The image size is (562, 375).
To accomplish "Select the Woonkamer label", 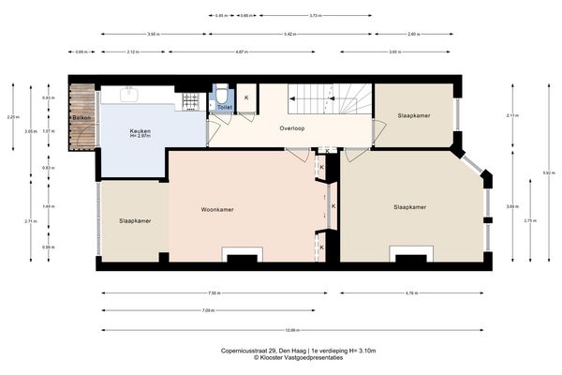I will [x=217, y=209].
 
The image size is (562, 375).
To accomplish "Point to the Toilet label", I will [x=223, y=108].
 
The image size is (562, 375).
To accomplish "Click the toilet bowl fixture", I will [x=222, y=95].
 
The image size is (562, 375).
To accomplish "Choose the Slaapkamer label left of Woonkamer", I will [x=136, y=220].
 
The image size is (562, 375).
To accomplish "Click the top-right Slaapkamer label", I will [x=413, y=114].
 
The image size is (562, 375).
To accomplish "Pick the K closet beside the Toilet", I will [x=246, y=97].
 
